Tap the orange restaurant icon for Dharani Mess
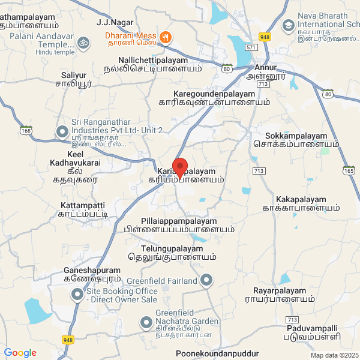coord(166,36)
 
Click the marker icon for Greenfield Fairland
coord(206,280)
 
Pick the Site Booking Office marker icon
coord(77,295)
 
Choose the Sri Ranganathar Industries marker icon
coord(62,131)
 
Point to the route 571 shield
coord(252,47)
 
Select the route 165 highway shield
coord(349,170)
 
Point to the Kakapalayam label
coord(301,199)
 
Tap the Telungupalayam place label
coord(173,248)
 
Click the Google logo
coord(20,353)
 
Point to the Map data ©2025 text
coord(333,355)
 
